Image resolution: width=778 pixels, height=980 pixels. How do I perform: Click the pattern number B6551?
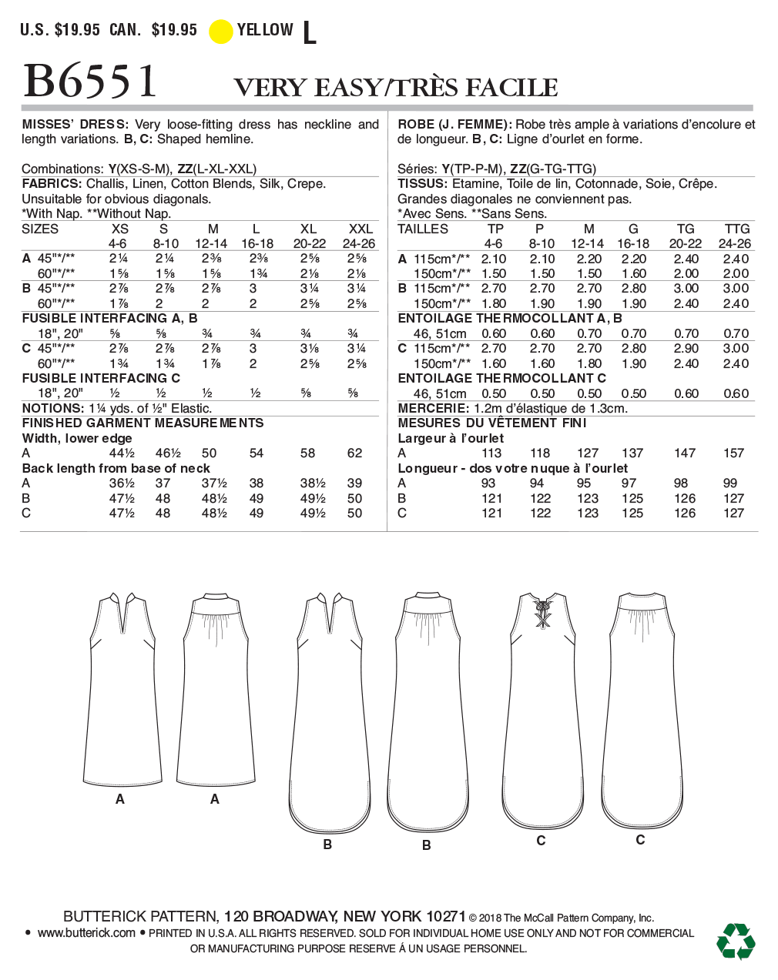click(x=91, y=82)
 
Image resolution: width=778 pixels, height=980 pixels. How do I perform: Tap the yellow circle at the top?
click(x=221, y=32)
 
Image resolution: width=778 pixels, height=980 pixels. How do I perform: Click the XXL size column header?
click(x=360, y=229)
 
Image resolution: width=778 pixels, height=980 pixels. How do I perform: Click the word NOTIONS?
click(x=52, y=408)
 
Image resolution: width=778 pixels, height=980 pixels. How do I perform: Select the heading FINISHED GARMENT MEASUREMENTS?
click(x=143, y=423)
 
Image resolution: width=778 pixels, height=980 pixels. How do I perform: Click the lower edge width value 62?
click(x=354, y=453)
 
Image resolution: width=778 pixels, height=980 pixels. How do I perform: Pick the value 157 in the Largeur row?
click(x=733, y=453)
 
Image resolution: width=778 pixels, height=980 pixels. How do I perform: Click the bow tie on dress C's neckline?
click(x=543, y=614)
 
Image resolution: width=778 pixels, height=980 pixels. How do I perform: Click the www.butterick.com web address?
click(x=86, y=933)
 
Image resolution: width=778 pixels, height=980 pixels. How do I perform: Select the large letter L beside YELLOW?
click(x=310, y=33)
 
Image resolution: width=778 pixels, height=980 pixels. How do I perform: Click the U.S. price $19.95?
click(x=77, y=30)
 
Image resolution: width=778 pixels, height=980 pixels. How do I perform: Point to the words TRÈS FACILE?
click(x=476, y=88)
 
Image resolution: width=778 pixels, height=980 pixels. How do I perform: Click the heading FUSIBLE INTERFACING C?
click(x=101, y=378)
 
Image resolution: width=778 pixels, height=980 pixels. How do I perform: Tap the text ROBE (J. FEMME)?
click(x=454, y=124)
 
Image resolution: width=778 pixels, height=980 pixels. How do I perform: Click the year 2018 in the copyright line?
click(x=491, y=918)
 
